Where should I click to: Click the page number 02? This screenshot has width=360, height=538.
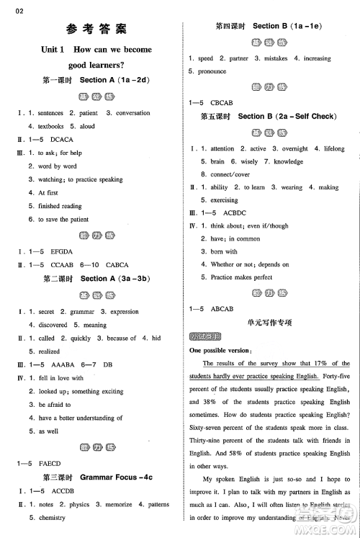(x=9, y=9)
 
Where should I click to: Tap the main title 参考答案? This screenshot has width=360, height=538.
(x=95, y=30)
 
